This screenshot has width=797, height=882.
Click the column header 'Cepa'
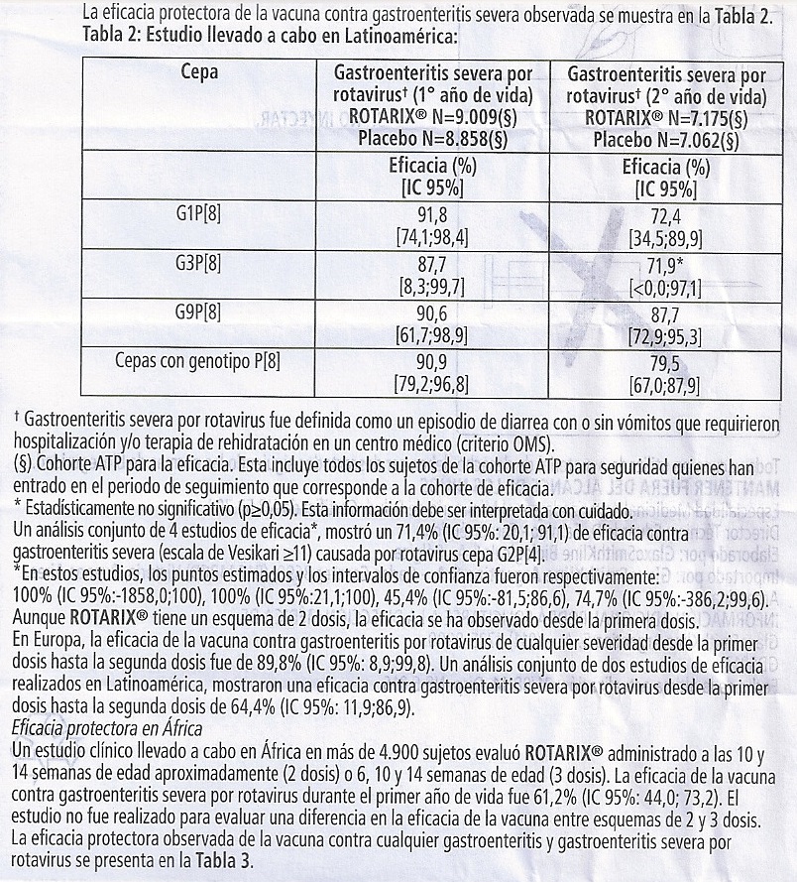click(x=200, y=72)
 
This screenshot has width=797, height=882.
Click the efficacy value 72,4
click(x=666, y=214)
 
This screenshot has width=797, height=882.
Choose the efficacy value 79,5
click(x=666, y=361)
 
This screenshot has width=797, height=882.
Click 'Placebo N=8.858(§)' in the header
click(x=433, y=140)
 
